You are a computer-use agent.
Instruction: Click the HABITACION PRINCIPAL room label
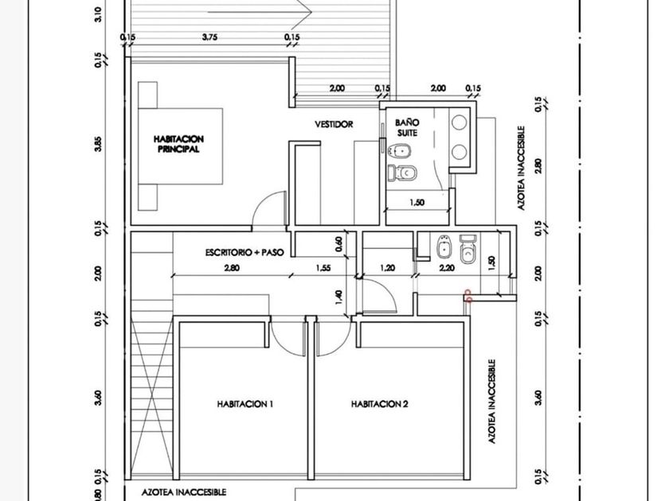(x=178, y=144)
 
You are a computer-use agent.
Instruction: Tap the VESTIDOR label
(x=334, y=124)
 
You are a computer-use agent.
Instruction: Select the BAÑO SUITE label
(x=407, y=128)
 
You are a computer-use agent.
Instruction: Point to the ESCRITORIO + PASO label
(x=245, y=252)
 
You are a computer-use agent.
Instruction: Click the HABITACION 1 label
(x=245, y=404)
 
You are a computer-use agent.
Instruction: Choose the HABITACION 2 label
(x=379, y=404)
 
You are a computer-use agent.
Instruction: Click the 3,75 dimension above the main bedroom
(x=209, y=37)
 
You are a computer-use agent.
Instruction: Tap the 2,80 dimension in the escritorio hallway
(x=232, y=268)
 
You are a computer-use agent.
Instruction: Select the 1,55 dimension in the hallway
(x=323, y=268)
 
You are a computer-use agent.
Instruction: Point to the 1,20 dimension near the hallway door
(x=387, y=268)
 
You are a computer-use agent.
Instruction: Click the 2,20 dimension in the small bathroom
(x=447, y=268)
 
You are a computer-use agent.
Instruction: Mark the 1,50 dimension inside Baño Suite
(x=417, y=202)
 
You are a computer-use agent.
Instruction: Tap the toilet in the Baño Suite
(x=402, y=173)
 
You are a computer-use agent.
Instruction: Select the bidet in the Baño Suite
(x=400, y=150)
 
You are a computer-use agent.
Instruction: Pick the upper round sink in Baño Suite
(x=460, y=122)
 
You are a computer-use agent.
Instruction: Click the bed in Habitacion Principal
(x=180, y=146)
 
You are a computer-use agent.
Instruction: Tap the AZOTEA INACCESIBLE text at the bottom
(x=184, y=492)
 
